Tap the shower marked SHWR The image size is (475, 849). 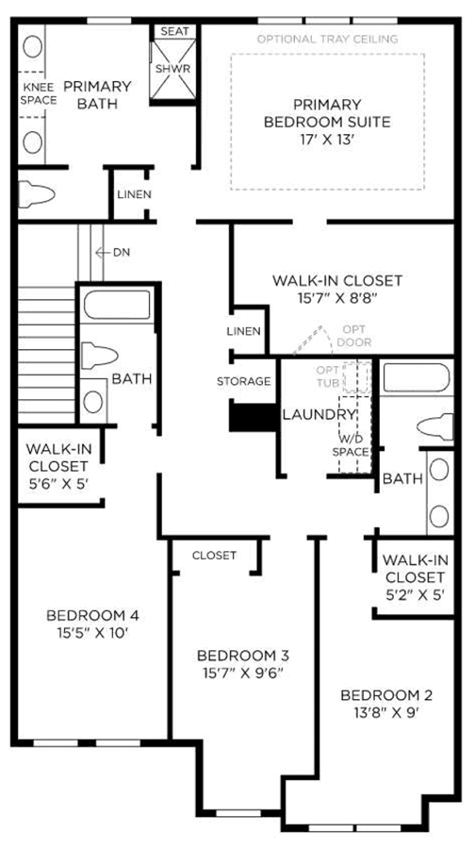[173, 69]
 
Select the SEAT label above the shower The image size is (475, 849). [174, 31]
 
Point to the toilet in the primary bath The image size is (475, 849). [36, 193]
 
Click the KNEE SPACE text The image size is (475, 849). [39, 93]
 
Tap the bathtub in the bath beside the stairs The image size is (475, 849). [118, 305]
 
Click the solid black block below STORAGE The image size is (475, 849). [254, 417]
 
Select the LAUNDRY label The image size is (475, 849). [319, 415]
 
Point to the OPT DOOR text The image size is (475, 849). [357, 336]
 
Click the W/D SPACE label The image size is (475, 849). [351, 445]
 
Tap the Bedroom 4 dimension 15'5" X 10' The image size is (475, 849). [93, 632]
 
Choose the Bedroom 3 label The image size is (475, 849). [243, 656]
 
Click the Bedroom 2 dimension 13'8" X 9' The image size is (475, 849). [386, 712]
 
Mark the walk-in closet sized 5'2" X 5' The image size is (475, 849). [415, 576]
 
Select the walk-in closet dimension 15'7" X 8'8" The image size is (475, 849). [337, 297]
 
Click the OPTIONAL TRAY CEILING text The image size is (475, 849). [327, 39]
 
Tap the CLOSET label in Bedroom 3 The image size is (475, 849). [214, 555]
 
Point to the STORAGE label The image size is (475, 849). [243, 381]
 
